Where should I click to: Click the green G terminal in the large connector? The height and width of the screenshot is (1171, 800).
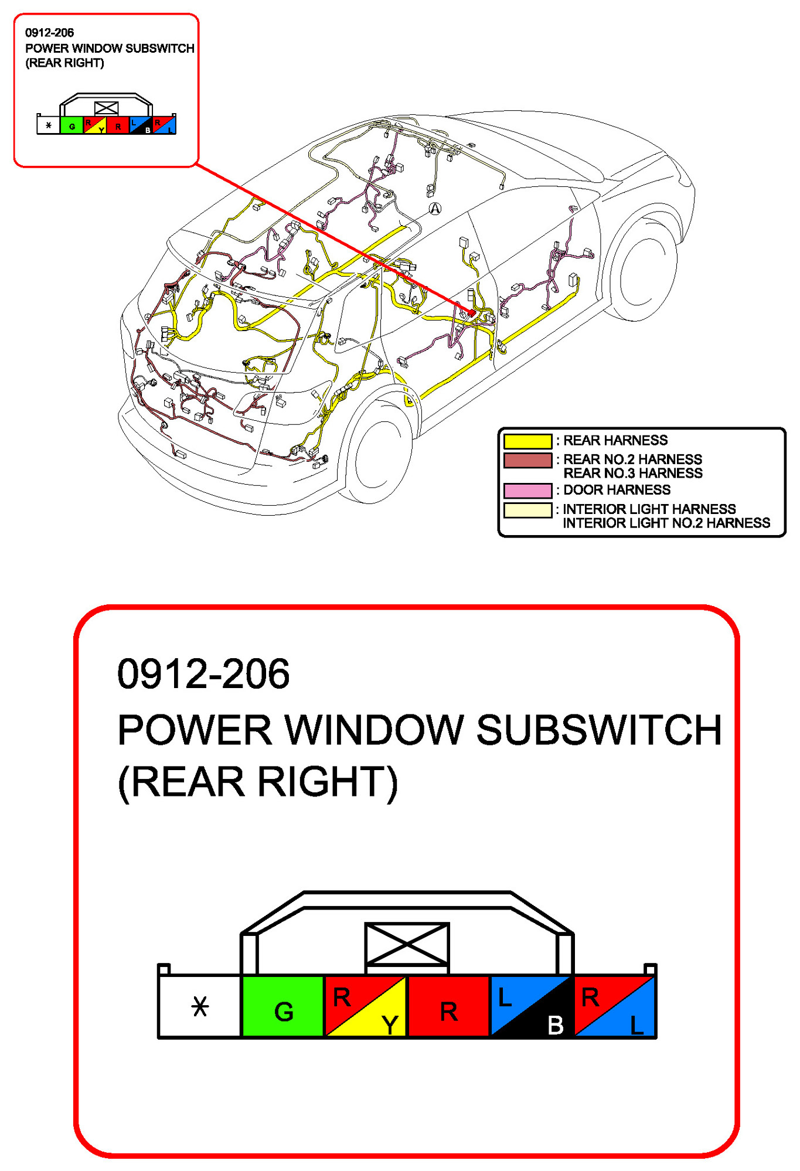282,1006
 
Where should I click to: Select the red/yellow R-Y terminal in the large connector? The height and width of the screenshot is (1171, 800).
365,1006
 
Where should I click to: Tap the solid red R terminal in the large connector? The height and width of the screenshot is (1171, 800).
448,1006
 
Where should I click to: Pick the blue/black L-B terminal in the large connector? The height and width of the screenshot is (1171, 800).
531,1006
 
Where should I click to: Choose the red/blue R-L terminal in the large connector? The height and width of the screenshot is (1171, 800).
614,1006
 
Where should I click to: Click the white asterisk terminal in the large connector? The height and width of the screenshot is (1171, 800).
200,1006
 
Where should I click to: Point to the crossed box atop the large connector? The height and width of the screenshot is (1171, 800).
407,944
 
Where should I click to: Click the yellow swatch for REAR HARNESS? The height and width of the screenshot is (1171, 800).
527,441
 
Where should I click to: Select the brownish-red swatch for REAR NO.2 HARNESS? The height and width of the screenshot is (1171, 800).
527,460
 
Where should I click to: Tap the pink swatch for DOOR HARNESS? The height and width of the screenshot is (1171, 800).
527,490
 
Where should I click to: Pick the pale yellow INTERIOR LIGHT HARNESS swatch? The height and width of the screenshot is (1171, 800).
527,510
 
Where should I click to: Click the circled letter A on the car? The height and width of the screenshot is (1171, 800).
435,209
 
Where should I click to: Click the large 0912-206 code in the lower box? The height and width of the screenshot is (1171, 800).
203,674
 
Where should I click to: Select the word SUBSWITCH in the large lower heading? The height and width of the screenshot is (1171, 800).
598,730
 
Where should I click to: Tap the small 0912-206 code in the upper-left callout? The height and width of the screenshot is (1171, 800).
49,33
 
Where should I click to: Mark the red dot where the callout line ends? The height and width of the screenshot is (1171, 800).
472,313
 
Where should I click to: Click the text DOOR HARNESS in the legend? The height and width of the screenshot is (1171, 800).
617,490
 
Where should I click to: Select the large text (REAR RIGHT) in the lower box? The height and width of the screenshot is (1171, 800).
258,782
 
